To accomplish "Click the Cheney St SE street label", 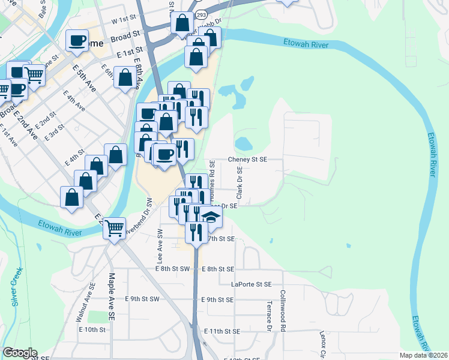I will coord(247,160).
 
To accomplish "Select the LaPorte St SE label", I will coord(252,284).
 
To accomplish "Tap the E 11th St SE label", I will coord(221,331).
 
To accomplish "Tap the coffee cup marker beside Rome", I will coord(77,41).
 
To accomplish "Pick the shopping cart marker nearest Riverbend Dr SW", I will coord(114,228).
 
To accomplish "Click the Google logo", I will coord(20,353).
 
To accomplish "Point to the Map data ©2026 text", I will coord(423,355).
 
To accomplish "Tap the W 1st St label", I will coord(124,20).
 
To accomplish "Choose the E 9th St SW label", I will coord(142,299).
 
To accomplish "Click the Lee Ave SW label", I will coord(160,246).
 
